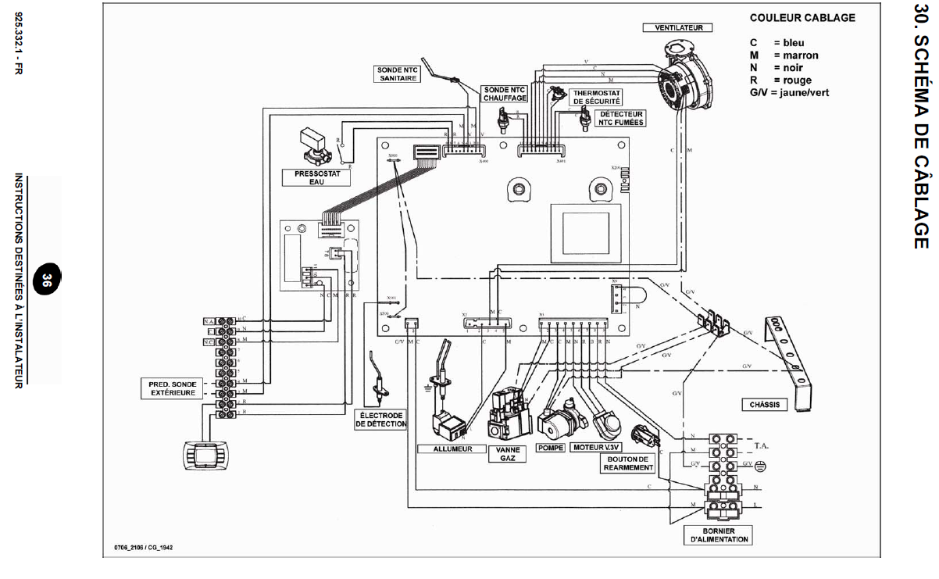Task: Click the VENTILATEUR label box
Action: [x=678, y=27]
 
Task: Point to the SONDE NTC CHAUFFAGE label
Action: [x=505, y=94]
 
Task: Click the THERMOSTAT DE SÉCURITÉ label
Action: [x=598, y=97]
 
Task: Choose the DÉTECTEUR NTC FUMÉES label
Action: [x=622, y=118]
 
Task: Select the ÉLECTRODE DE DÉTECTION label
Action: [x=381, y=419]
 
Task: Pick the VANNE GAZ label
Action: [x=507, y=454]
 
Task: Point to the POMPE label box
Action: [x=551, y=448]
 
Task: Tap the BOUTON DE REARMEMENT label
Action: [x=627, y=463]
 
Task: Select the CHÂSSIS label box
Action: [x=763, y=405]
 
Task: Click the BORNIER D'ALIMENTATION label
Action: [x=718, y=534]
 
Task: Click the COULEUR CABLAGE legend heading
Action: [x=802, y=18]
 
